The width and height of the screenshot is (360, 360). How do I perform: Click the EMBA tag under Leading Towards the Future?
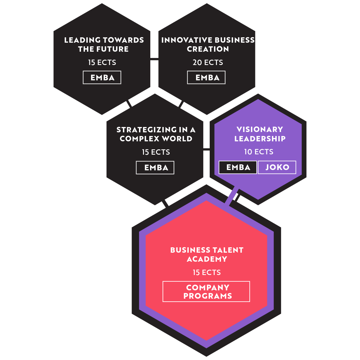[x=102, y=78]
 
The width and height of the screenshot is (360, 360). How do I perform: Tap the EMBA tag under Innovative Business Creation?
[x=206, y=78]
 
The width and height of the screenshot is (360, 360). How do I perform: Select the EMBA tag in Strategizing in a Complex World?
[x=155, y=168]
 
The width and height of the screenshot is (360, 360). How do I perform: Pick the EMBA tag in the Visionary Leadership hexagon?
[x=238, y=167]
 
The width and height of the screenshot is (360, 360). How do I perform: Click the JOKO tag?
[x=277, y=167]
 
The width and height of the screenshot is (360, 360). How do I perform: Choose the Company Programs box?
[x=206, y=291]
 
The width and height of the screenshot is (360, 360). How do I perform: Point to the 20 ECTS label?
[x=208, y=62]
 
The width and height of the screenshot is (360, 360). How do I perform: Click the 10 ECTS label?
[x=259, y=152]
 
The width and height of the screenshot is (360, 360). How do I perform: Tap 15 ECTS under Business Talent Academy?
[x=207, y=273]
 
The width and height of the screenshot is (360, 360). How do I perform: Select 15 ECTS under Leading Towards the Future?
[x=102, y=62]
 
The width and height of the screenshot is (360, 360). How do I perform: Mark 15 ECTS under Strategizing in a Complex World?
[x=156, y=152]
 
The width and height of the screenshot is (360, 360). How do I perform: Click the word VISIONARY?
[x=260, y=129]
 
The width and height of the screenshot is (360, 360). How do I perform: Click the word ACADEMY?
[x=207, y=259]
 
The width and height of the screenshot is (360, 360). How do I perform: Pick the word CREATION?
[x=208, y=49]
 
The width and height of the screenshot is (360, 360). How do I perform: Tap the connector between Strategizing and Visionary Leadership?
[x=206, y=149]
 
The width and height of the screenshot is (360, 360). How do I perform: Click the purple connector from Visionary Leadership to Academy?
[x=232, y=196]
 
